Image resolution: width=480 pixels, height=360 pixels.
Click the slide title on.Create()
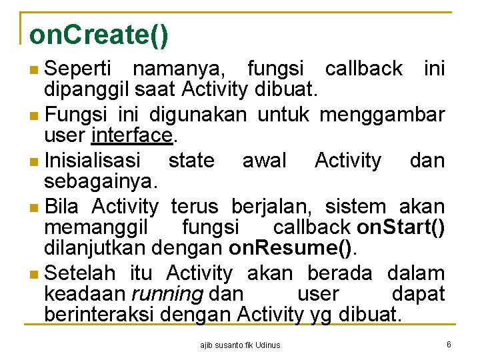click(x=99, y=35)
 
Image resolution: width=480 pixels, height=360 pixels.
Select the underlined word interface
click(x=133, y=137)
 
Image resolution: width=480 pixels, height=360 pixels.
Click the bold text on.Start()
click(x=401, y=227)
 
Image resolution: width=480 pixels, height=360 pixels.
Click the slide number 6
click(x=449, y=344)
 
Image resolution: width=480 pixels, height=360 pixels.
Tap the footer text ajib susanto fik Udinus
click(x=240, y=345)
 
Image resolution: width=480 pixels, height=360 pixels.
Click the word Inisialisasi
click(x=92, y=160)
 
